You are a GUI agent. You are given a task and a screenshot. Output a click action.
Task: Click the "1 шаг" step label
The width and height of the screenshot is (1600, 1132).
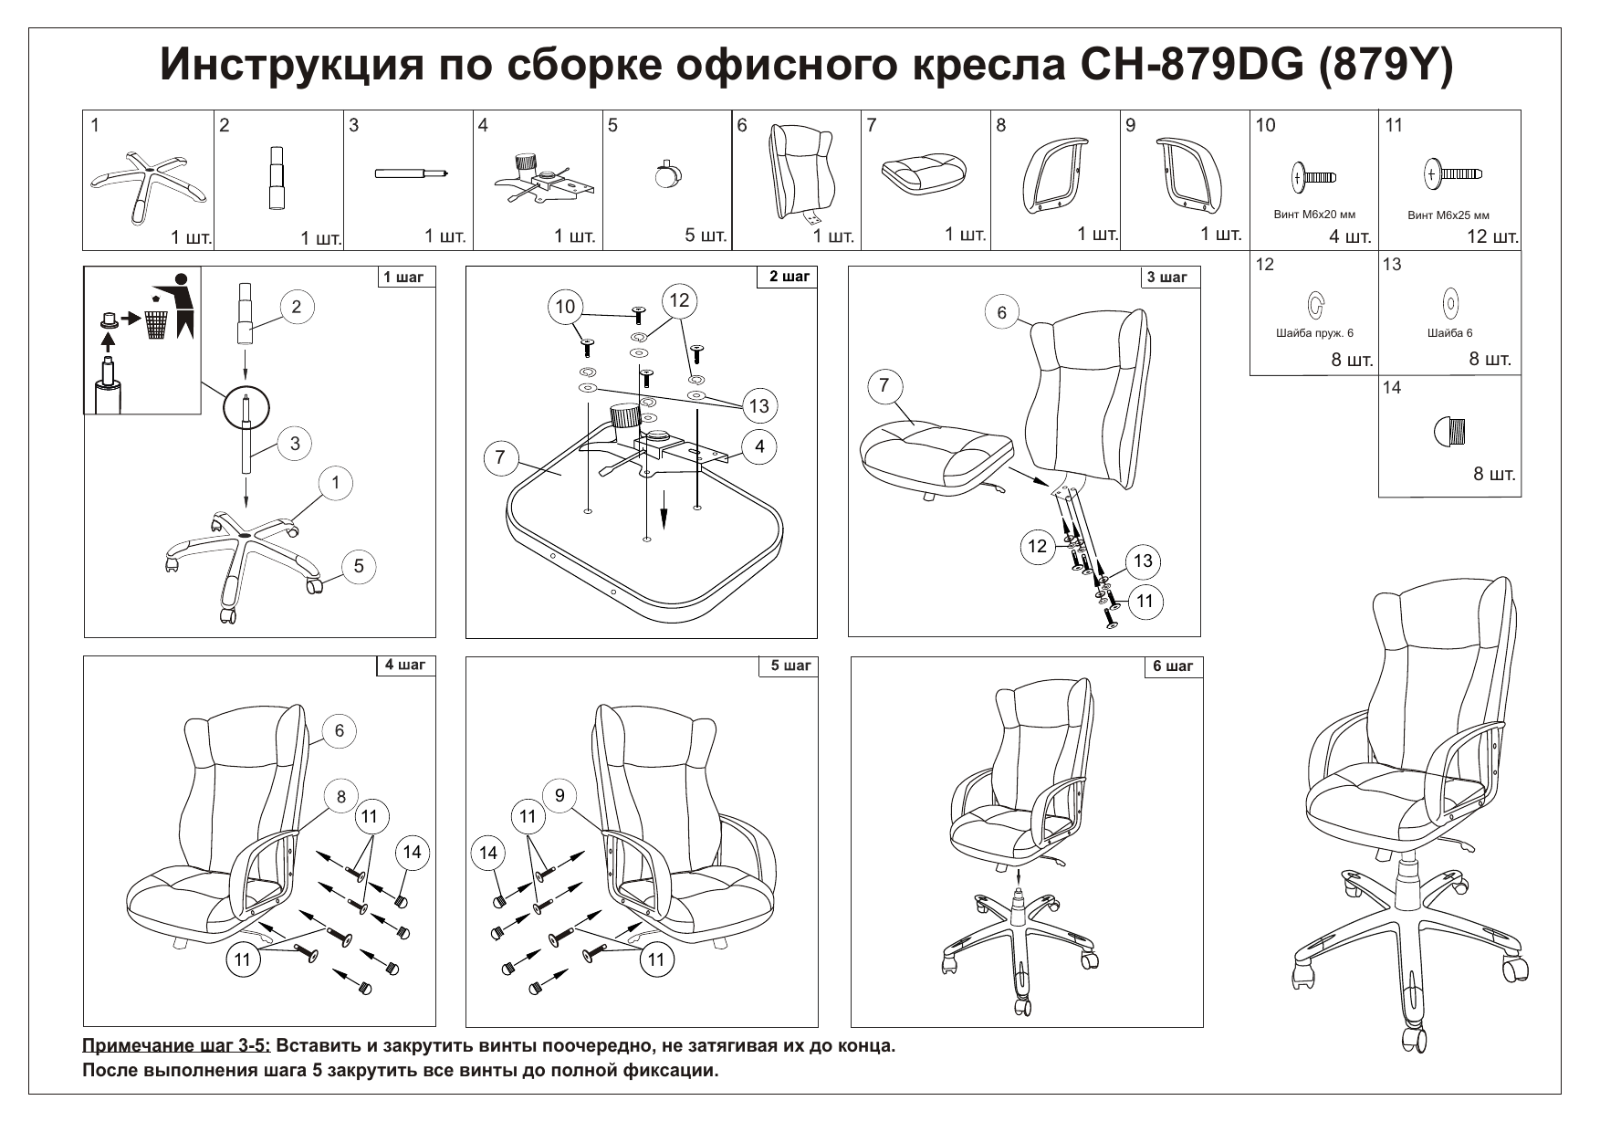coord(403,278)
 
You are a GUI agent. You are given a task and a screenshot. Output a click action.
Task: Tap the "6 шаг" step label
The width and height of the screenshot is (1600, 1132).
coord(1173,666)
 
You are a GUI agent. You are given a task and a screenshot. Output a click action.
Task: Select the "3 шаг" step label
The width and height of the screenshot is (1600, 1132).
coord(1167,278)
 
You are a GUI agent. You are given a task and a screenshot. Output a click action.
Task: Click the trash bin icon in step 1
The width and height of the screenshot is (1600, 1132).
coord(157,322)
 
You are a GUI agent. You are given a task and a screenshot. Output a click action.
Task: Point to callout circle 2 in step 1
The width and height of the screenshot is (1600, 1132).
coord(297,307)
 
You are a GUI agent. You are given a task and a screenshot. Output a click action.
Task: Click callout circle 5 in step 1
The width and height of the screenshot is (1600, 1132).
coord(359,566)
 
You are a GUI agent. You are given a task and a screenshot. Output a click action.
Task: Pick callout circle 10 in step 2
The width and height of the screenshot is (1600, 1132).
coord(566,307)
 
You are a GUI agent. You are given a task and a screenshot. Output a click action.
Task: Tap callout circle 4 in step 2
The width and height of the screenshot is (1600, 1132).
coord(759,446)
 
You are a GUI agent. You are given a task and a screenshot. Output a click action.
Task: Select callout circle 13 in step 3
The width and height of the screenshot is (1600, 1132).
coord(1144,561)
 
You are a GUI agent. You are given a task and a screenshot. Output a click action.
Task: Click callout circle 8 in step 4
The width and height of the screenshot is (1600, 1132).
coord(341,797)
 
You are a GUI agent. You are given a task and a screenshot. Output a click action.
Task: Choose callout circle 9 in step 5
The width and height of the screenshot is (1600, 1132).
coord(559,796)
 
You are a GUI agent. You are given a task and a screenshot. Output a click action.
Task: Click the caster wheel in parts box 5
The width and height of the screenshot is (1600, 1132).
coord(668,173)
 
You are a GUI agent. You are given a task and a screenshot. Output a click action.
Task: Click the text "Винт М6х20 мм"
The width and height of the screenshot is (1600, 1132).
coord(1314,215)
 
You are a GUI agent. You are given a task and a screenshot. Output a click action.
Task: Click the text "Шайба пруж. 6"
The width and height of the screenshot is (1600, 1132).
coord(1314,333)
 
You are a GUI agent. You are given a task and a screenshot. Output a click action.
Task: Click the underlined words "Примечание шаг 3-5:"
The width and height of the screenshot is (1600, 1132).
coord(176,1046)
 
